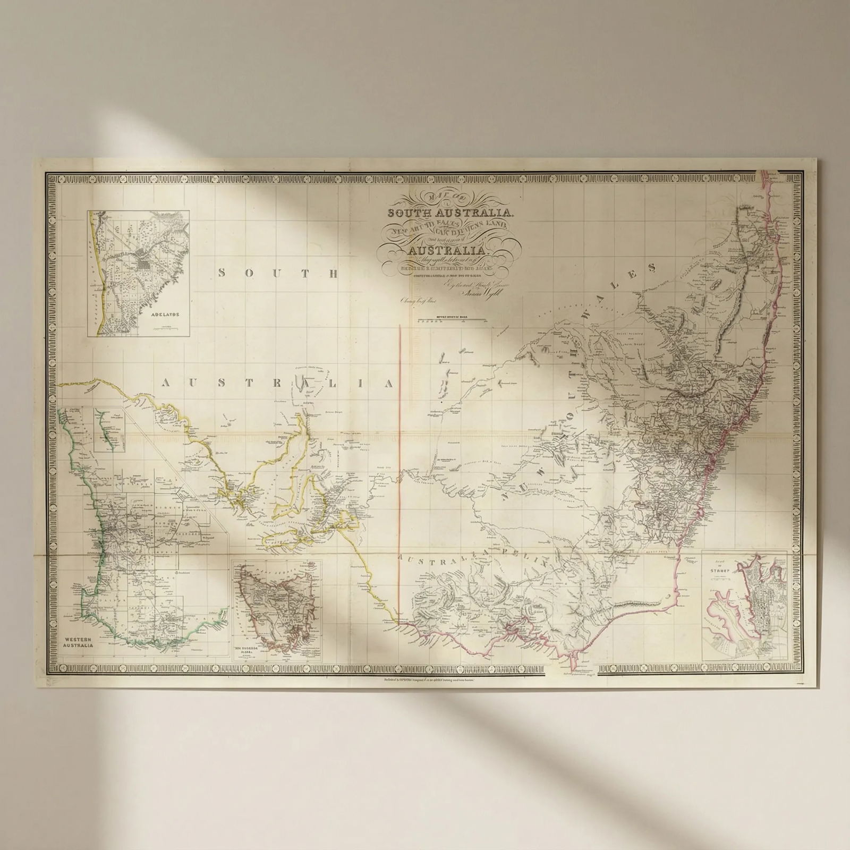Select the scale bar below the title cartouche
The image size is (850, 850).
point(451,321)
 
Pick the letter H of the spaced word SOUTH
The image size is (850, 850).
point(333,274)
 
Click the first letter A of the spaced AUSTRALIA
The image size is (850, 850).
point(167,383)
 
